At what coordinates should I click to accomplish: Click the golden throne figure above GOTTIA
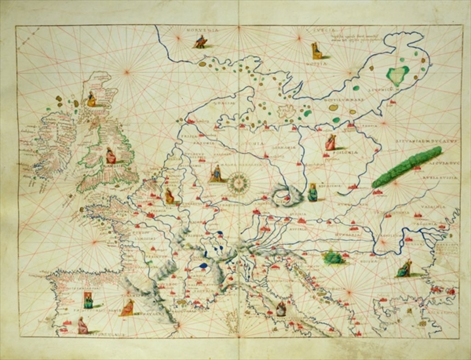(x=316, y=51)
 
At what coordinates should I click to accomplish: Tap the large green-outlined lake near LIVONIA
(x=397, y=74)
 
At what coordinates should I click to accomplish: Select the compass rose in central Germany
(x=238, y=183)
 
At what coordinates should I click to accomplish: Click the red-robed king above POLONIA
(x=330, y=142)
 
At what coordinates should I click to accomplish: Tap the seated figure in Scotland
(x=91, y=99)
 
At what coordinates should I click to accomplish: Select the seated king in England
(x=110, y=156)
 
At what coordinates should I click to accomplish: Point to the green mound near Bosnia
(x=333, y=258)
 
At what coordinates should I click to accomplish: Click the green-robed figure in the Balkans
(x=405, y=269)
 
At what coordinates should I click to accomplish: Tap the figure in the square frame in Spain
(x=88, y=300)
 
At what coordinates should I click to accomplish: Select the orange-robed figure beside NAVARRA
(x=128, y=307)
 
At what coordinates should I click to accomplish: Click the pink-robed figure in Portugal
(x=82, y=326)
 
